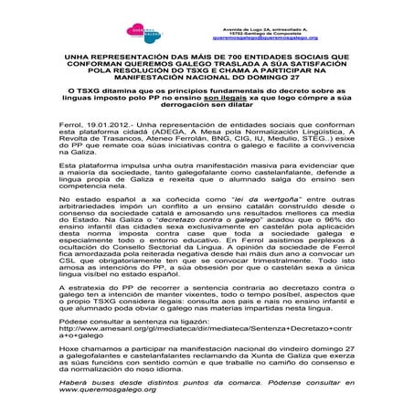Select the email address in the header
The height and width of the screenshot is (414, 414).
[264, 38]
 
